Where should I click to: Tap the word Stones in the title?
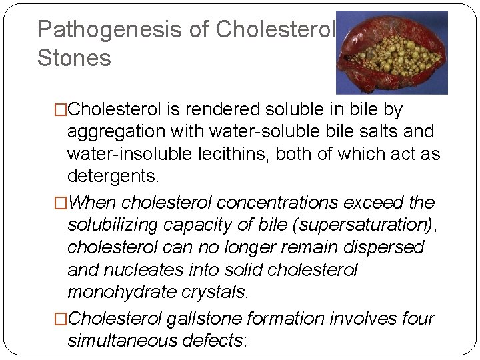[x=74, y=58]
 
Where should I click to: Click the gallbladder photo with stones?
[x=391, y=53]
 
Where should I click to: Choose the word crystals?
[x=217, y=292]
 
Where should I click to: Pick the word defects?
[x=219, y=341]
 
